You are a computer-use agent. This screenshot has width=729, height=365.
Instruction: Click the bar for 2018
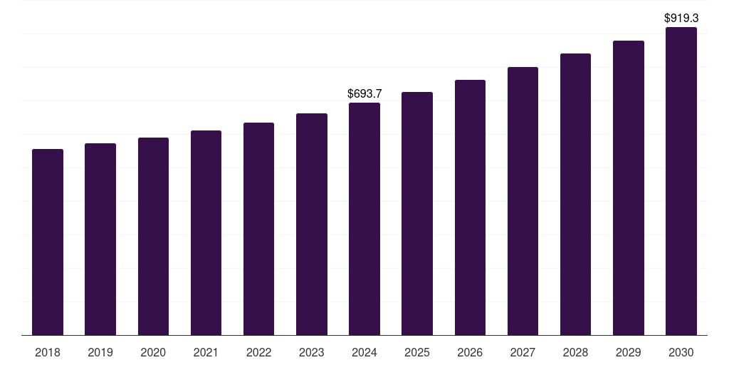[x=48, y=242]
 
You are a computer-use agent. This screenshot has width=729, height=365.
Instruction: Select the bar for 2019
[x=100, y=240]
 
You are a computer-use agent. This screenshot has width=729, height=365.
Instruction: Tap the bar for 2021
[x=206, y=233]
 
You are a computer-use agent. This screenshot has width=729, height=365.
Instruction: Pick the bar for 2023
[x=312, y=225]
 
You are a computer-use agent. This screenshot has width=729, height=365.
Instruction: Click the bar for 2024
[x=364, y=219]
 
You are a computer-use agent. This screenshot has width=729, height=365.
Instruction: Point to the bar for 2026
[x=470, y=207]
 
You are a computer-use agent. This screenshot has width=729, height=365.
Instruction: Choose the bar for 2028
[x=575, y=195]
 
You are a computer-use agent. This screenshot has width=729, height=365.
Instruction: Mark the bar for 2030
[x=681, y=181]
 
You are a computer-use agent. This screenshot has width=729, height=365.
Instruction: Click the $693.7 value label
[x=364, y=93]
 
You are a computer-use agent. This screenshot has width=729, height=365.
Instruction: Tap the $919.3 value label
[x=681, y=18]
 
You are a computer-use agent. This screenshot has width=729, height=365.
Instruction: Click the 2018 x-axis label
[x=48, y=352]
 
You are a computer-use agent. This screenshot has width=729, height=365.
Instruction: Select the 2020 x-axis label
[x=153, y=352]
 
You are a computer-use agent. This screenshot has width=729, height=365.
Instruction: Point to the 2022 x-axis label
[x=259, y=352]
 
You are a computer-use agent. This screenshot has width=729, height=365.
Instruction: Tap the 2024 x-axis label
[x=364, y=352]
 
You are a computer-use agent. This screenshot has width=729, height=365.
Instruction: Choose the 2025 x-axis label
[x=417, y=352]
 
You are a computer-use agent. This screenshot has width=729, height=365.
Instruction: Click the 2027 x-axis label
[x=523, y=352]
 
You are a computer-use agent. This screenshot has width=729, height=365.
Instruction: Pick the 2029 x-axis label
[x=629, y=352]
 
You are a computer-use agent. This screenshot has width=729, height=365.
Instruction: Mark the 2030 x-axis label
[x=681, y=352]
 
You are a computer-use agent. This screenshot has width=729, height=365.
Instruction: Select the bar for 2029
[x=629, y=188]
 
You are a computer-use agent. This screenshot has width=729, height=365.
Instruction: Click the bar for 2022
[x=259, y=229]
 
